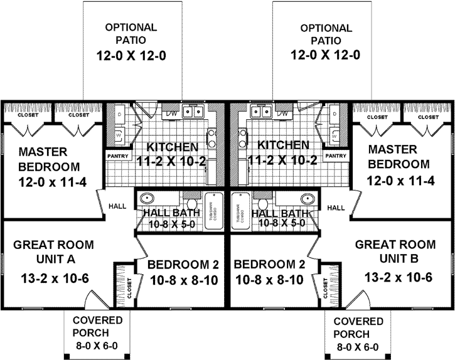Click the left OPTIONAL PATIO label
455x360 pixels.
click(x=131, y=34)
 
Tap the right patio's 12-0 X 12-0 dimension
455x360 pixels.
click(x=325, y=55)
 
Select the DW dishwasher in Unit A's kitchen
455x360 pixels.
click(x=171, y=113)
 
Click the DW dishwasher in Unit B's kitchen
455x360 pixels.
click(x=283, y=113)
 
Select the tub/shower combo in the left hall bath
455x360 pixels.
click(x=212, y=208)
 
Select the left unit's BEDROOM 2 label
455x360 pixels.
click(x=183, y=263)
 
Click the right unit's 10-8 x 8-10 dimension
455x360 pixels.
click(x=270, y=280)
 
